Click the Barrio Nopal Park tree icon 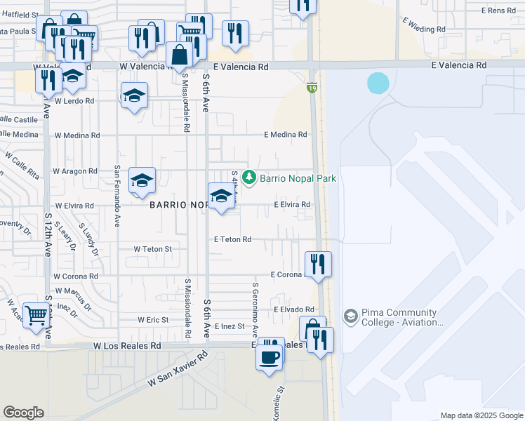248,178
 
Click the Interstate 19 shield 312,88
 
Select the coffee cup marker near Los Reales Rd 270,357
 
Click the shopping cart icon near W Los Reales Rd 35,314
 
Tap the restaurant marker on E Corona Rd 318,264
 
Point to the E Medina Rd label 286,135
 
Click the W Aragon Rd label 76,171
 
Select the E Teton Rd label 233,239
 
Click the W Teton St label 153,249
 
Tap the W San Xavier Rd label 178,369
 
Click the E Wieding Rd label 425,29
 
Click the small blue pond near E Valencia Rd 378,83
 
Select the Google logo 24,413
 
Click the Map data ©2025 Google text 481,415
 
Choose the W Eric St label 153,320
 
